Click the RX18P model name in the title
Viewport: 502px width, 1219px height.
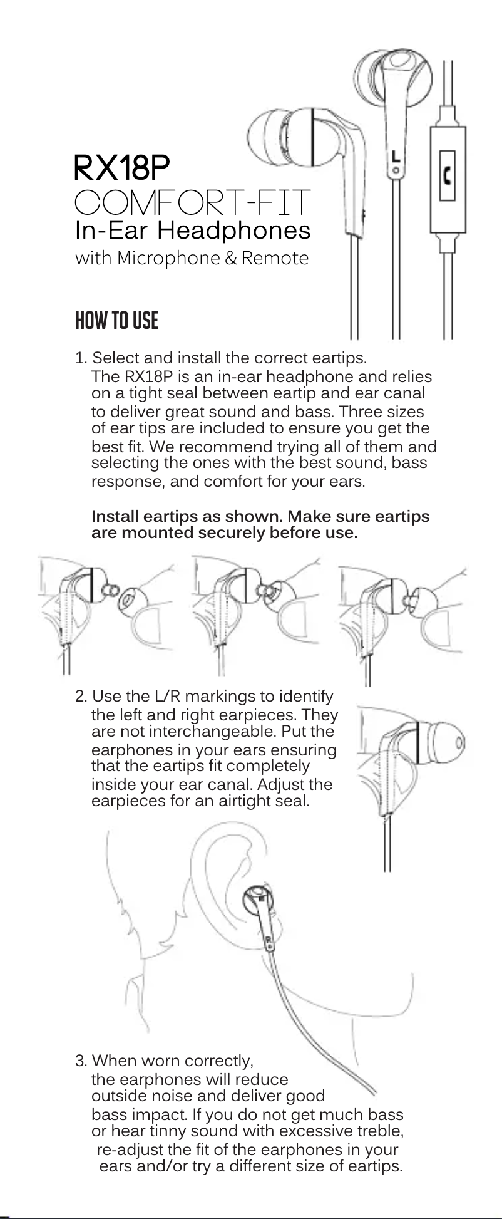pos(122,167)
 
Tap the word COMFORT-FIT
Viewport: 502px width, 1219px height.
pos(193,202)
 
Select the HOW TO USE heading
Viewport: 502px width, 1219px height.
pos(116,321)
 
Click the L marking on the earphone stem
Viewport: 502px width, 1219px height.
pos(396,157)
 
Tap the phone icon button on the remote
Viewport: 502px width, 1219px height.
pos(447,175)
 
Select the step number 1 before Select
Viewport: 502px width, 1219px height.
pos(80,359)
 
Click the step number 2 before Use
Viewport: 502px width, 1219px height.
pos(80,697)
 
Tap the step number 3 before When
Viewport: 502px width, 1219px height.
pos(80,1061)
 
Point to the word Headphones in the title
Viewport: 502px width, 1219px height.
pos(233,231)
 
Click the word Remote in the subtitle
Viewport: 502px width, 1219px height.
pos(275,258)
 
